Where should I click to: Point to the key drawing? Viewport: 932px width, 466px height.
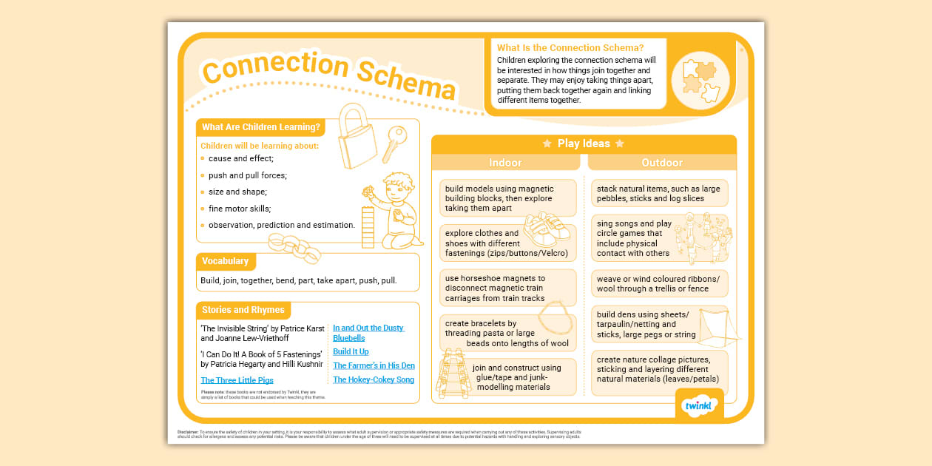[x=393, y=143]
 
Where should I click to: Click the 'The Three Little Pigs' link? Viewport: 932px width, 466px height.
[x=237, y=380]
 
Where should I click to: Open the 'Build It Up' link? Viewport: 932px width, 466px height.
[x=351, y=351]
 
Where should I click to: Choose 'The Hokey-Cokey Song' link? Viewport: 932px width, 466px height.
[x=374, y=379]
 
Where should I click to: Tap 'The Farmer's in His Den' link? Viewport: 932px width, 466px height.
[x=374, y=365]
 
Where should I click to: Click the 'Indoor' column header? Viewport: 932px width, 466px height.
[x=505, y=163]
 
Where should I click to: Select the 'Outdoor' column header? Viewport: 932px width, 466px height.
[x=662, y=163]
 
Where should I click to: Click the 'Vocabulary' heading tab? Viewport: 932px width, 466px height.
[x=226, y=261]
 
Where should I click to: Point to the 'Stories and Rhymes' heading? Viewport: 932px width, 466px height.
[x=243, y=310]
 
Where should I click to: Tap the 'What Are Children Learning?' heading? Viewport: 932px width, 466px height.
[x=260, y=127]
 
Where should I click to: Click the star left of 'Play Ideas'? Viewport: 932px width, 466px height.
[x=547, y=143]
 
